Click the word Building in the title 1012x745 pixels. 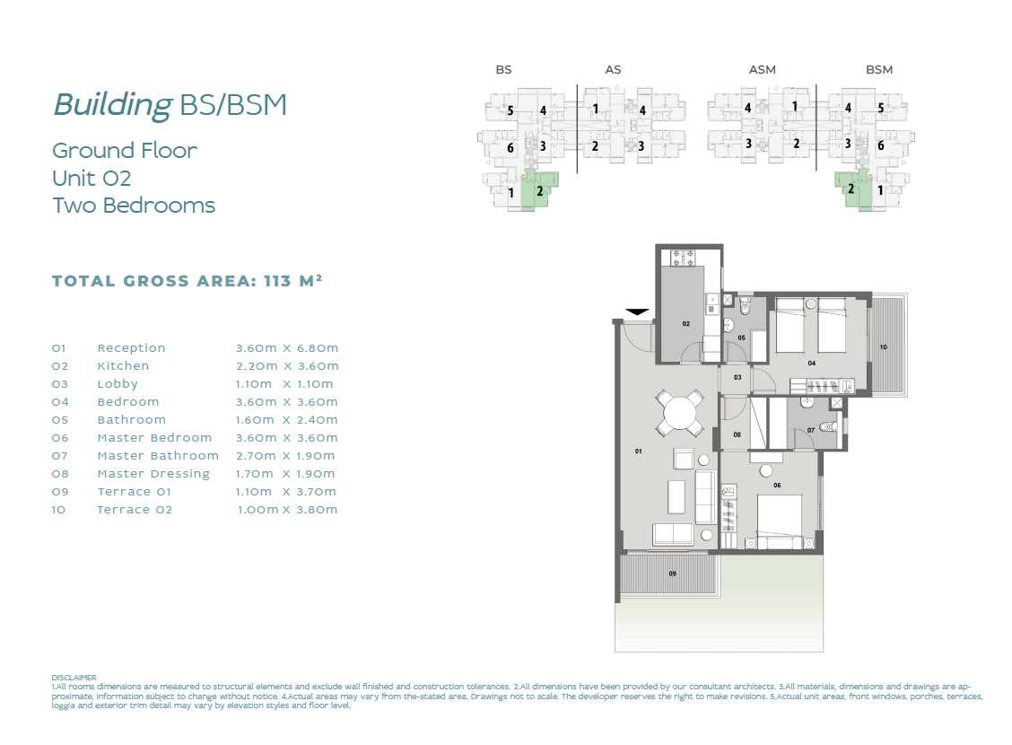[113, 105]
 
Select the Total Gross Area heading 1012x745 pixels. [188, 281]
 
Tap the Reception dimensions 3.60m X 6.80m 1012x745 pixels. [286, 348]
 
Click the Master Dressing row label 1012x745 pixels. [153, 474]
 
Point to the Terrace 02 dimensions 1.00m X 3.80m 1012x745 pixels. [287, 509]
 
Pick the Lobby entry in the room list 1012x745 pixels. [118, 384]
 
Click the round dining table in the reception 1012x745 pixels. [680, 412]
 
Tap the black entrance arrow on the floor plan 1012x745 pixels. [637, 312]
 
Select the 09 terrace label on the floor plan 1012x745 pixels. [673, 574]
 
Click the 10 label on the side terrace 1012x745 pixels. [883, 347]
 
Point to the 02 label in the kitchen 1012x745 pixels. [686, 323]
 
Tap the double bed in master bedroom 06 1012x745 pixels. [780, 521]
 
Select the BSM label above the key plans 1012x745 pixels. [879, 70]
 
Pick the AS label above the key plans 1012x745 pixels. [613, 70]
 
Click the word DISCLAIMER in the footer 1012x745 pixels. [74, 678]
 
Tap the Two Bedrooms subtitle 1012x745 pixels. [134, 206]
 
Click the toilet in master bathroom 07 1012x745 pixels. [829, 426]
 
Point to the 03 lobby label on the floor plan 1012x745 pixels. [737, 377]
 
